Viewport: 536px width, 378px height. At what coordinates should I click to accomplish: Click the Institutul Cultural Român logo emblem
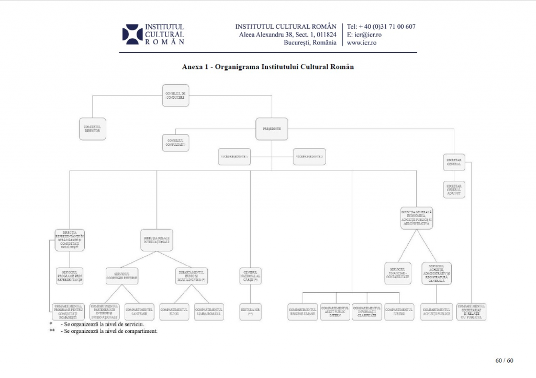click(x=132, y=34)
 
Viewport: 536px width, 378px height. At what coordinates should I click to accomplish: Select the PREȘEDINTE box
click(x=272, y=129)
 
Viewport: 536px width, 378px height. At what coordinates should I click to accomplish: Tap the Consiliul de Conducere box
click(x=175, y=95)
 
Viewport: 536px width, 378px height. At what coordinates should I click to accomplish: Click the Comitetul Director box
click(x=93, y=129)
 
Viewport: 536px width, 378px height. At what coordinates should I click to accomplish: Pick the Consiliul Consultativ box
click(x=175, y=142)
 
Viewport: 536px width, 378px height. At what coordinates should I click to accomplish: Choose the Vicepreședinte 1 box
click(x=234, y=156)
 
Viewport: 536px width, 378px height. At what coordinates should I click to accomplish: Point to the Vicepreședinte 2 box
click(x=309, y=156)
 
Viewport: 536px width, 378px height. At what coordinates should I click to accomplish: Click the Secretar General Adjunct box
click(x=453, y=189)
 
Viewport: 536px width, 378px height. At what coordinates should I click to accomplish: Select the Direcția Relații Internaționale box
click(x=157, y=239)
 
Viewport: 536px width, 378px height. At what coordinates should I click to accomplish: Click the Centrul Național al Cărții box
click(x=250, y=276)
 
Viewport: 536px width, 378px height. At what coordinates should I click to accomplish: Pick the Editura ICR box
click(x=250, y=312)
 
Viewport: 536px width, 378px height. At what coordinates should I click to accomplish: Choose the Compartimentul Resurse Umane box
click(x=303, y=312)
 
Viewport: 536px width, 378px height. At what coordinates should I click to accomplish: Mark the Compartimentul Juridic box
click(x=399, y=312)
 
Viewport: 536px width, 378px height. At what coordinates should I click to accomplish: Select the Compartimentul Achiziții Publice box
click(x=437, y=312)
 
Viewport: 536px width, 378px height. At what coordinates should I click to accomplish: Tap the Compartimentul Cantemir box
click(x=139, y=312)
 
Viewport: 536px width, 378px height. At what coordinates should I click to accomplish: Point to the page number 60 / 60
click(x=504, y=360)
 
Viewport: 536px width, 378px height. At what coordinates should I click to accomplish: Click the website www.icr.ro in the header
click(x=362, y=43)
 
